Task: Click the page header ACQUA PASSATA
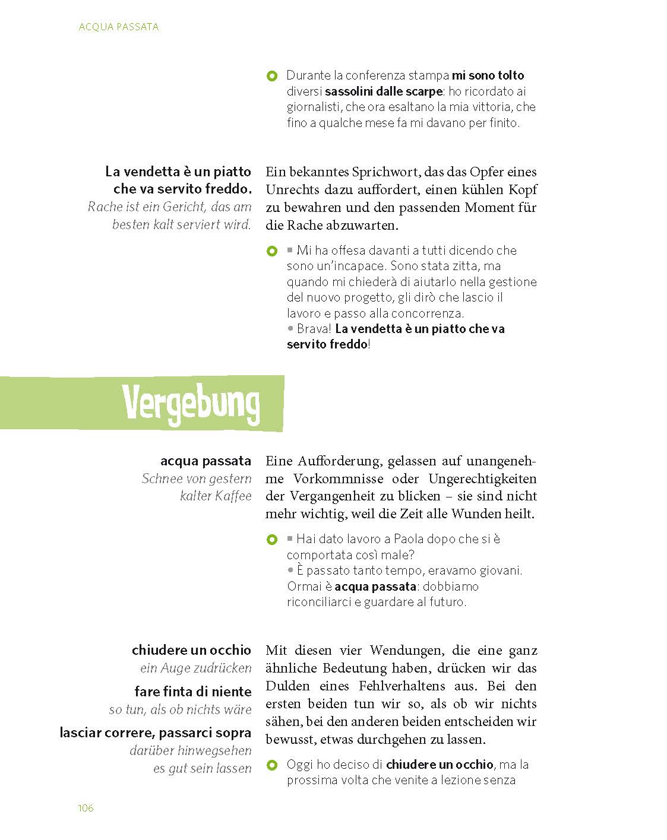click(x=119, y=27)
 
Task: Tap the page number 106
click(x=86, y=808)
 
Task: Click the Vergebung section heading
click(x=191, y=404)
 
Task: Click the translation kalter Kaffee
click(x=216, y=496)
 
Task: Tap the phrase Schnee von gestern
click(x=197, y=478)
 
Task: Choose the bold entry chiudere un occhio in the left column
click(x=191, y=650)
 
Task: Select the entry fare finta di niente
click(x=193, y=692)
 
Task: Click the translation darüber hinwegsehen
click(x=191, y=751)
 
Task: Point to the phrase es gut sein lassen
click(x=202, y=769)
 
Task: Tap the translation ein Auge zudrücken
click(x=196, y=668)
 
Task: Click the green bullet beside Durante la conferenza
click(x=272, y=76)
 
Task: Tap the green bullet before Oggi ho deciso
click(x=272, y=765)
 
